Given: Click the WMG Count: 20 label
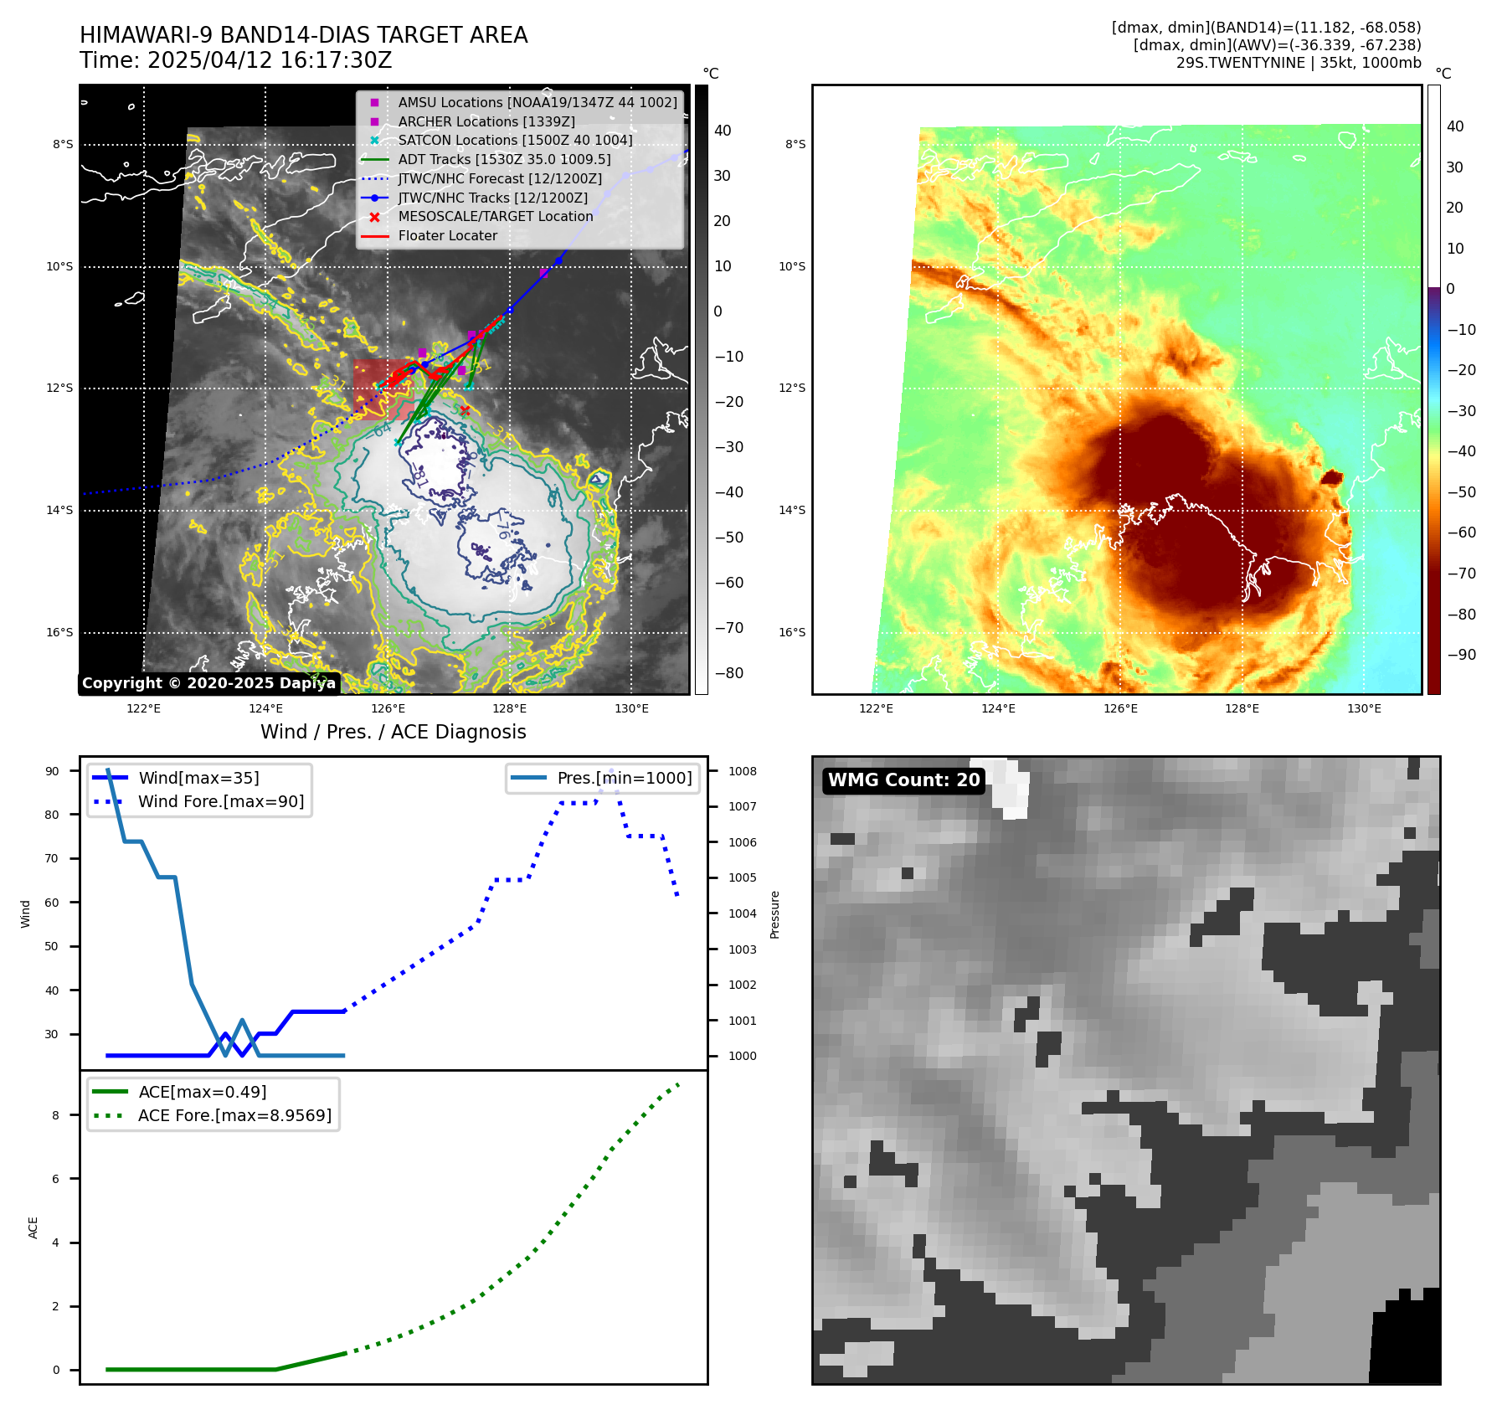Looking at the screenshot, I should [x=903, y=780].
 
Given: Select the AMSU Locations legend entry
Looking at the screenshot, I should [x=537, y=102].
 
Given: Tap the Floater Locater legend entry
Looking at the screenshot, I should [x=447, y=236].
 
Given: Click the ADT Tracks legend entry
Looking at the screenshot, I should [x=504, y=159].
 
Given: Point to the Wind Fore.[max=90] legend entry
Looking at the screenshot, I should [x=221, y=802].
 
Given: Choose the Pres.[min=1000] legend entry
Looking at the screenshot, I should [x=624, y=779].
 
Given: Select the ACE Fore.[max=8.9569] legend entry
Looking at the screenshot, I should [x=234, y=1116].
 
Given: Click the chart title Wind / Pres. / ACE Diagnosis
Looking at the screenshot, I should [x=393, y=732].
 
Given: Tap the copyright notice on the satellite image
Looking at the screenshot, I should [x=208, y=683].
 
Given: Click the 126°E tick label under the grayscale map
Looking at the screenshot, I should [x=388, y=709].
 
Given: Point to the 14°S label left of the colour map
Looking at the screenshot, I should [x=792, y=510].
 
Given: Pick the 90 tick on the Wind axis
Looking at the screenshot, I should [x=52, y=771].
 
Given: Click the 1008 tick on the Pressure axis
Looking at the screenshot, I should [x=742, y=771].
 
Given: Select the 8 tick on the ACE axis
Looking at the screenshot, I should [x=56, y=1115].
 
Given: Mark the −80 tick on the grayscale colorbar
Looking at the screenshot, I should [x=728, y=673].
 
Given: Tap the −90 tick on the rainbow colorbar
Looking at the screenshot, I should [x=1461, y=655].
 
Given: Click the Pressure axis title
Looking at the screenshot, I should [x=774, y=914].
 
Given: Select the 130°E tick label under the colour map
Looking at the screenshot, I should [x=1364, y=709].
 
